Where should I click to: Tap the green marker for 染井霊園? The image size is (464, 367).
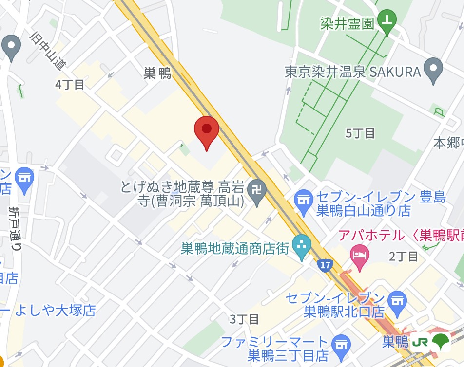387,20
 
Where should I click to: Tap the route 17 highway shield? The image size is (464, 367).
325,265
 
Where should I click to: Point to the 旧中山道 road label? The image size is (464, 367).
48,51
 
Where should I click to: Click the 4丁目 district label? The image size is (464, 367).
70,84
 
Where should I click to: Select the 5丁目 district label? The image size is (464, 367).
360,133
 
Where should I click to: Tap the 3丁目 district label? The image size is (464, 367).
244,319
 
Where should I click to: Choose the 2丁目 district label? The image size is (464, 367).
404,256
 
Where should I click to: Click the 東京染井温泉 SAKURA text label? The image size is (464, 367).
352,72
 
